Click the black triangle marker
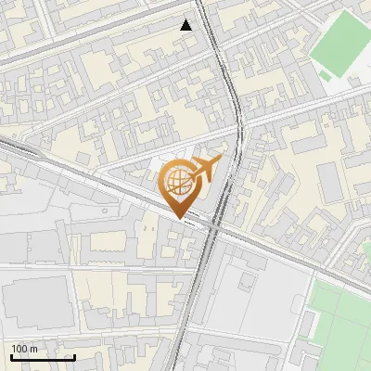[x=186, y=25]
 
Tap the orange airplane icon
[x=209, y=169]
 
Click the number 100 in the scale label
[x=19, y=349]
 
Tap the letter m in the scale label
[x=33, y=349]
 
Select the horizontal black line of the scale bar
[x=42, y=357]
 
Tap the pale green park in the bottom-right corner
[x=339, y=325]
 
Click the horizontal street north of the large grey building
[x=56, y=269]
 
